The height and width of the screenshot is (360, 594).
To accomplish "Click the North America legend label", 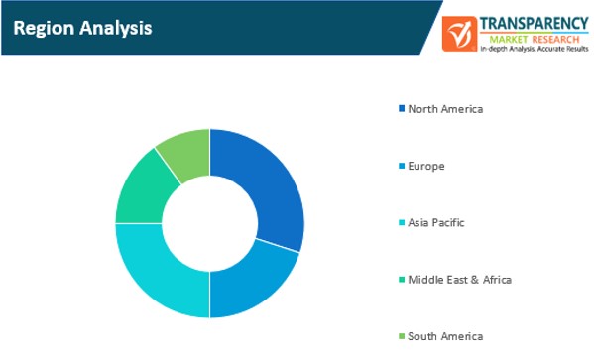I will click(445, 108).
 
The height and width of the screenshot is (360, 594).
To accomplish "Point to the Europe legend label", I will click(425, 166).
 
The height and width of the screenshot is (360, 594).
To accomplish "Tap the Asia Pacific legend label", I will click(436, 222).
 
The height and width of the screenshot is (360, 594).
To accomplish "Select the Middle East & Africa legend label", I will click(459, 280).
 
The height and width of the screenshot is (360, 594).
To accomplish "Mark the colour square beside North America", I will click(401, 108).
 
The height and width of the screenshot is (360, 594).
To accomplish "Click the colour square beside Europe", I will click(401, 166).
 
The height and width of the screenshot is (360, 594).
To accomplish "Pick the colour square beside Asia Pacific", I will click(401, 222).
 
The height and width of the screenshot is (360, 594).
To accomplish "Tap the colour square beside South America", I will click(401, 336).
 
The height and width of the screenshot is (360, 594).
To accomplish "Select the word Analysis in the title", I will click(115, 28).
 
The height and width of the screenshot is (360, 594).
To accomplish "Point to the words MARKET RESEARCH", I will click(529, 37).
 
